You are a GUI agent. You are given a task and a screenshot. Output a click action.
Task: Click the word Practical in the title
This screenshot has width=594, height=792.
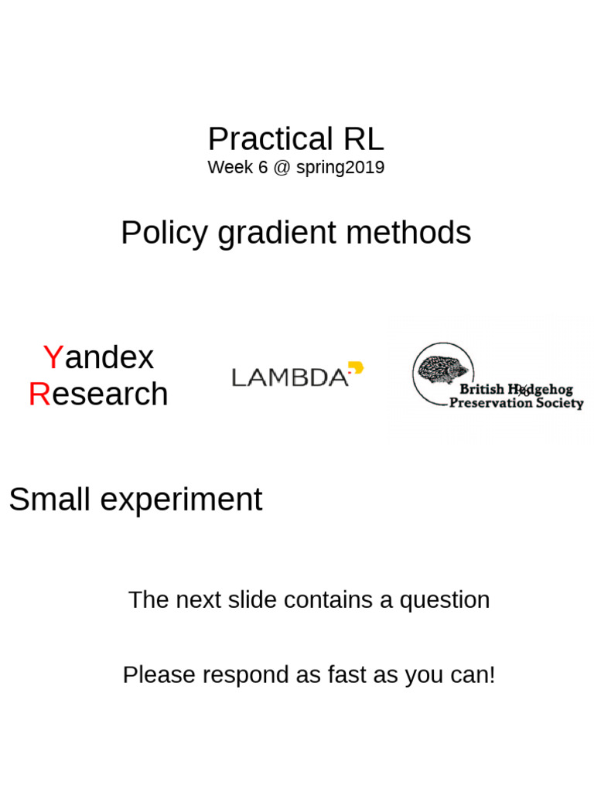259,140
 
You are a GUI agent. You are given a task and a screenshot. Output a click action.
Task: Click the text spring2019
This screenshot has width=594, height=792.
340,167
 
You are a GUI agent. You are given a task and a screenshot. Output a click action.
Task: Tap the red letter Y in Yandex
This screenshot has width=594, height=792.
53,357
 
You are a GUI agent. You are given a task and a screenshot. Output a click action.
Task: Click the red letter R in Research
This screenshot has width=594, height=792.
39,394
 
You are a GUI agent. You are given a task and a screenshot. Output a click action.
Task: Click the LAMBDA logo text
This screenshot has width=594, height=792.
290,377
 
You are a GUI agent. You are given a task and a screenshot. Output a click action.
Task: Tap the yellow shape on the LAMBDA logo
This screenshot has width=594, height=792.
356,368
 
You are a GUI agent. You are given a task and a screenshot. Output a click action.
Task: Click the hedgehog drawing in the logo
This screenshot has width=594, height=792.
442,370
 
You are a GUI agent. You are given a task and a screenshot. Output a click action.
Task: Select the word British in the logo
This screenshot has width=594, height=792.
482,389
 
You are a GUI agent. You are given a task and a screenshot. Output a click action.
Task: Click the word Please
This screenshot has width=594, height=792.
159,675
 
